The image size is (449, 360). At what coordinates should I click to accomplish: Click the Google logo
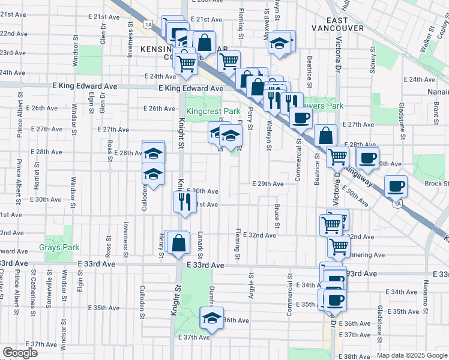pyautogui.click(x=20, y=353)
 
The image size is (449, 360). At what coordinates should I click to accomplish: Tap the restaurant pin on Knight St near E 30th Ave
pyautogui.click(x=184, y=202)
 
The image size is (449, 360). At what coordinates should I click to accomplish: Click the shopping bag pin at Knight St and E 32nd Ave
pyautogui.click(x=178, y=244)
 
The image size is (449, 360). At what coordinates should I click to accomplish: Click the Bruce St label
pyautogui.click(x=277, y=217)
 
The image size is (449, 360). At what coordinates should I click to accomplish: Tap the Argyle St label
pyautogui.click(x=250, y=287)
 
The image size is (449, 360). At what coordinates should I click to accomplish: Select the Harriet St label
pyautogui.click(x=37, y=174)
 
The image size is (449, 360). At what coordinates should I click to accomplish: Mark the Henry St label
pyautogui.click(x=161, y=245)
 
